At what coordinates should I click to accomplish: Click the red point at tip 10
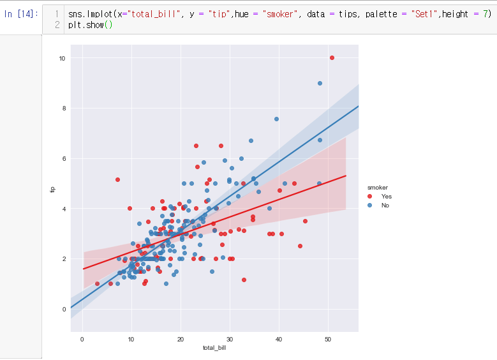click(x=332, y=57)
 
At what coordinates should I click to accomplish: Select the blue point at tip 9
click(x=320, y=83)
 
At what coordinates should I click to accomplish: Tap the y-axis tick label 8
click(x=64, y=109)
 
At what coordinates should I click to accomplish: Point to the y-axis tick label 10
click(x=63, y=58)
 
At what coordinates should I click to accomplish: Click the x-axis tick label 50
click(x=328, y=338)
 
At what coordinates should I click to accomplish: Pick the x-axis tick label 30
click(x=230, y=338)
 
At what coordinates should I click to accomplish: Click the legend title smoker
click(x=378, y=187)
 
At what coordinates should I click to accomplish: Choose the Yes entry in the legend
click(x=386, y=197)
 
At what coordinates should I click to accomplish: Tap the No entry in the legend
click(x=385, y=206)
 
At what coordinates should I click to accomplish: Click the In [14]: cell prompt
click(x=21, y=14)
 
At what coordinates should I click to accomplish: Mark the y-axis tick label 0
click(x=64, y=309)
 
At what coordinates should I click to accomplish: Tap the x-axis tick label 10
click(x=131, y=338)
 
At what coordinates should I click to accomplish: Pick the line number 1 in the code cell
click(x=57, y=14)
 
